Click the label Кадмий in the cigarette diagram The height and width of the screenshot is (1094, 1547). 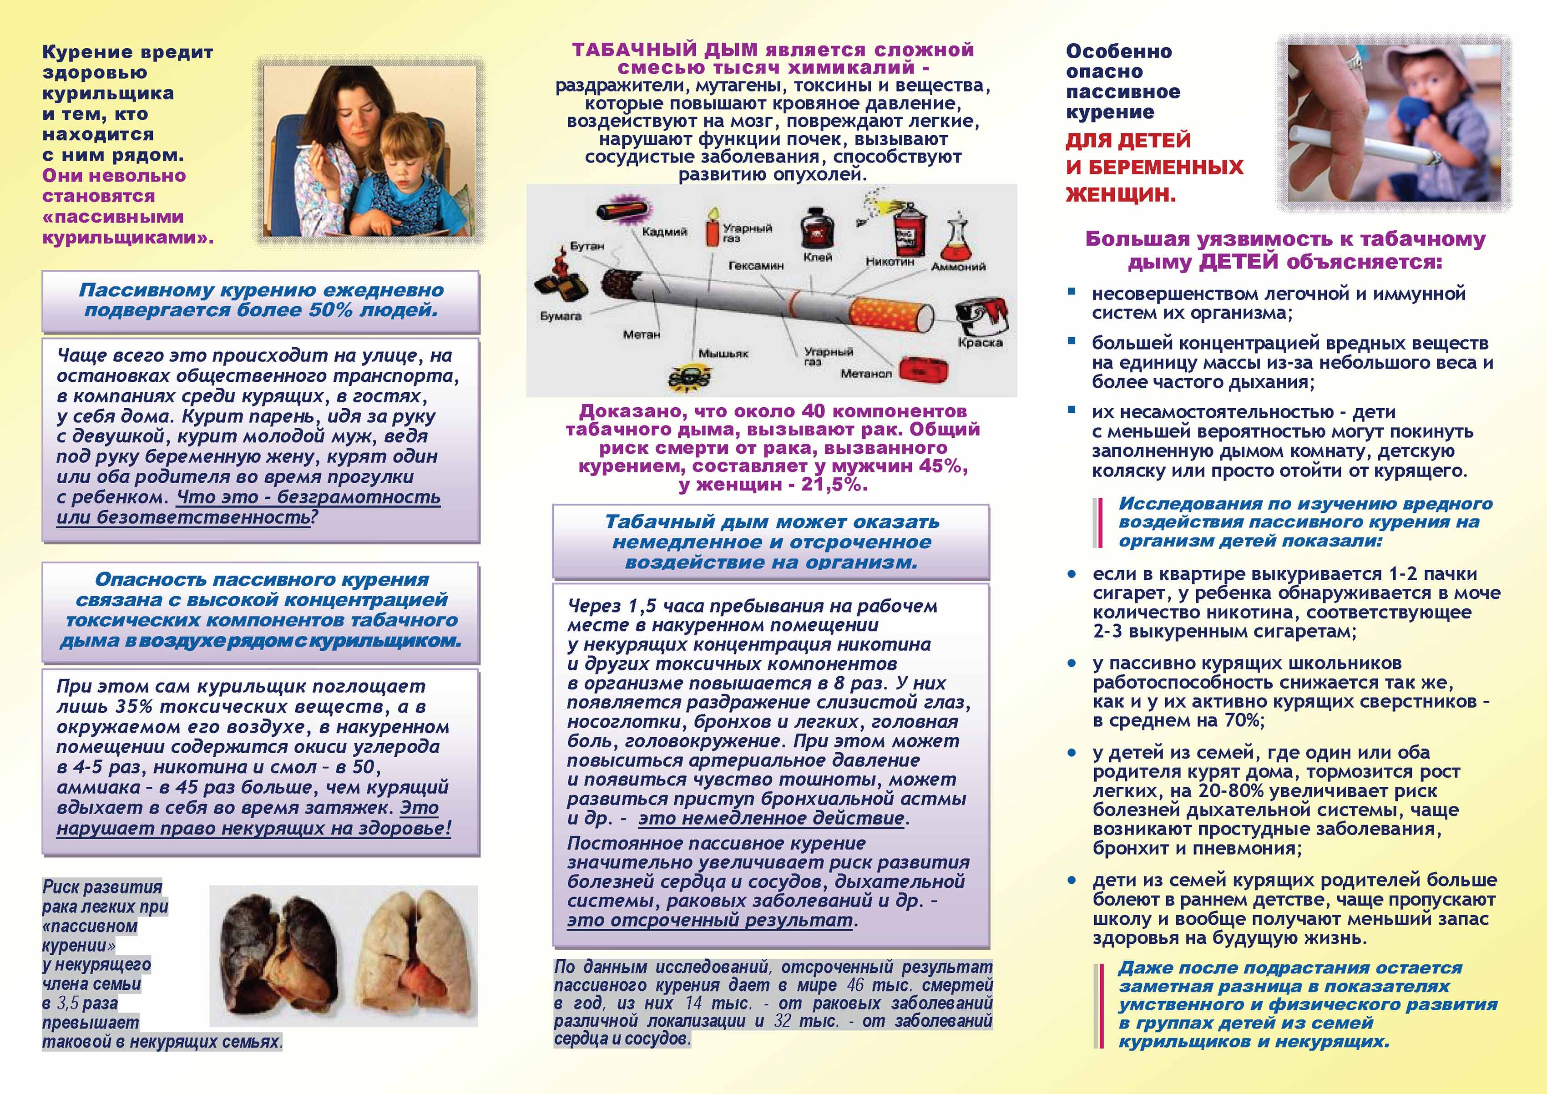[x=664, y=232]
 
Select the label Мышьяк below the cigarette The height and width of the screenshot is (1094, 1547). [x=723, y=353]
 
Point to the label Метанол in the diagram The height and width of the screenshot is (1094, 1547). [x=866, y=374]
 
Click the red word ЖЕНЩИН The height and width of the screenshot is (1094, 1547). [x=1121, y=195]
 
